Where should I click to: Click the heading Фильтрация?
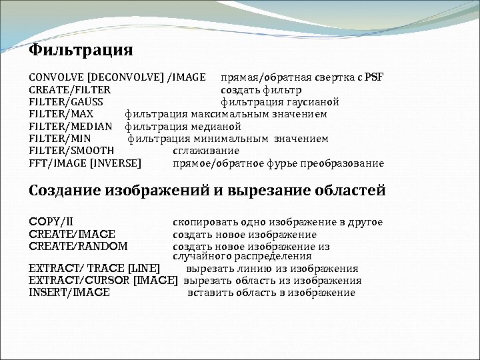click(81, 51)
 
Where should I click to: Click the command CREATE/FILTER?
click(70, 89)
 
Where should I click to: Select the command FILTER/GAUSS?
click(66, 102)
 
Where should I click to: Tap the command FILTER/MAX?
click(61, 114)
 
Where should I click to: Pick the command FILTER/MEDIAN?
click(69, 126)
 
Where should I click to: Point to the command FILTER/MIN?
click(60, 139)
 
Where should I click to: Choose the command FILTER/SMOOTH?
click(71, 151)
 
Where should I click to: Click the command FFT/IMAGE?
click(58, 163)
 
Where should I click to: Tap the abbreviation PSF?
click(373, 77)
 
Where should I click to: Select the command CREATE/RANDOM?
click(78, 246)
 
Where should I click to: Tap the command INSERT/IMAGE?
click(69, 292)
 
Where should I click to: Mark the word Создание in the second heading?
click(65, 191)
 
